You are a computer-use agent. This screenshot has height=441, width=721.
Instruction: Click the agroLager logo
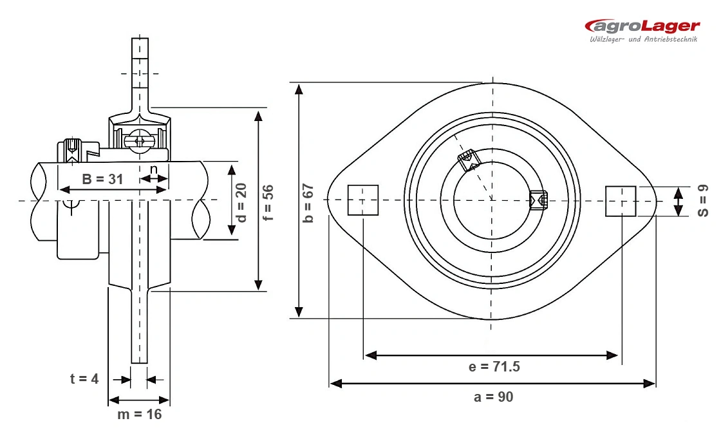tap(643, 30)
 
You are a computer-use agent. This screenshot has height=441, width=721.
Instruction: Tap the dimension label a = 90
tap(493, 397)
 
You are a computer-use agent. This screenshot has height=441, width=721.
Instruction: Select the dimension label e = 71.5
tap(494, 366)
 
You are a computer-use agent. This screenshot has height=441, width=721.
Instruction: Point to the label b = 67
tap(308, 203)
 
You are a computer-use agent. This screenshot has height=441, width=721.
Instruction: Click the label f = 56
tap(268, 203)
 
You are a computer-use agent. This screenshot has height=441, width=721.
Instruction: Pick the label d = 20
tap(241, 203)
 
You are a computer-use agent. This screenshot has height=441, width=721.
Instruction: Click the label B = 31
tap(102, 179)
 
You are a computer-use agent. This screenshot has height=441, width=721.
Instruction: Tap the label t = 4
tap(84, 379)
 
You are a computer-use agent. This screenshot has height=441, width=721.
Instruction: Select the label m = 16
tap(139, 415)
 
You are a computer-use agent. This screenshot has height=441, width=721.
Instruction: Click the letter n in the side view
tap(154, 170)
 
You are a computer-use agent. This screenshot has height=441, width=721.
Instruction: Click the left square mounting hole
tap(363, 200)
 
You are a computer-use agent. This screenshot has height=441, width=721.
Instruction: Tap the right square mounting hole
tap(621, 201)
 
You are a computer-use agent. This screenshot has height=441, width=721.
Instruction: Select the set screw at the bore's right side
tap(538, 200)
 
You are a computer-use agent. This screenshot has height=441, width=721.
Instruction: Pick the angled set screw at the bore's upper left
tap(469, 160)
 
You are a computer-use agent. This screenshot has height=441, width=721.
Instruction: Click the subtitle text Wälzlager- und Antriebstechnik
tap(643, 39)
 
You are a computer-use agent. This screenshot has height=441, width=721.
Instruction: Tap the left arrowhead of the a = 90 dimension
tap(336, 383)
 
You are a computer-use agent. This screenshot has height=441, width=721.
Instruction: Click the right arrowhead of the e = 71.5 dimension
tap(612, 355)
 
